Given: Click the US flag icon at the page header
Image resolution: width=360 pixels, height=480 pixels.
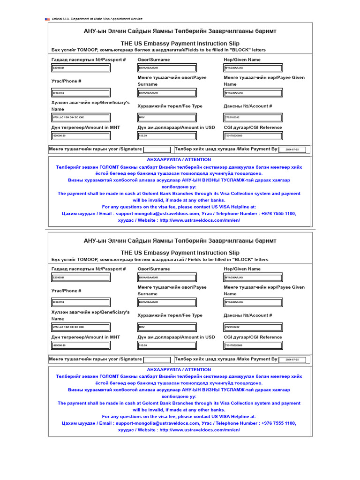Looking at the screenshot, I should click(x=47, y=19).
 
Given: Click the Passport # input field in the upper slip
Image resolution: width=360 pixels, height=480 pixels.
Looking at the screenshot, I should click(x=81, y=68).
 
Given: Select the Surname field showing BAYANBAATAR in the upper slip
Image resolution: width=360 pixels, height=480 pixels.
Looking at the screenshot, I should click(x=167, y=68).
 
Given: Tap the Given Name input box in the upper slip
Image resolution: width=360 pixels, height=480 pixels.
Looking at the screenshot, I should click(x=253, y=68).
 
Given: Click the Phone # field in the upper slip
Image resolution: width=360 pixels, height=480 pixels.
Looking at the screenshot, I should click(x=81, y=93).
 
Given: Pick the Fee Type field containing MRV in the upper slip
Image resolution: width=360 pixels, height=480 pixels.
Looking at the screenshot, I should click(x=167, y=118).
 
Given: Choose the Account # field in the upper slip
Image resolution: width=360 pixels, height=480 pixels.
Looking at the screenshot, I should click(x=253, y=118).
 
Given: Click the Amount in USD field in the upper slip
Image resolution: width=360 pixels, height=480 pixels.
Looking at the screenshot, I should click(x=167, y=136).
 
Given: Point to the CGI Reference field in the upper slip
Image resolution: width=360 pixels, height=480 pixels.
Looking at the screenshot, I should click(x=253, y=136).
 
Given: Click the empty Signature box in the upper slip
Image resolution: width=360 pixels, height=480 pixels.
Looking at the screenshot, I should click(x=157, y=150).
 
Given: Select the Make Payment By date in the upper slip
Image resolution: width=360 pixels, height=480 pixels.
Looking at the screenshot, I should click(x=292, y=150).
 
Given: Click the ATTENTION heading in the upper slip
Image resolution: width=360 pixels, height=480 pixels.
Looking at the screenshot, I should click(x=179, y=160).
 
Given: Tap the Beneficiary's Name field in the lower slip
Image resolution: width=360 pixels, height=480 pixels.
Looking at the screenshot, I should click(x=81, y=327).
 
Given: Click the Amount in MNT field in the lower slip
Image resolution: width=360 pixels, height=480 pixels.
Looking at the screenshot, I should click(x=81, y=345).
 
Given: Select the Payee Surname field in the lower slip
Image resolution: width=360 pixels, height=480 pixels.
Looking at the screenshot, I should click(x=167, y=302).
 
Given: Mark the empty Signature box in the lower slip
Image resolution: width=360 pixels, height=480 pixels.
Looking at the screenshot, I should click(x=157, y=360).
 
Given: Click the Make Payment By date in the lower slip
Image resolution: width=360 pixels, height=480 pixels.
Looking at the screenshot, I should click(x=292, y=360).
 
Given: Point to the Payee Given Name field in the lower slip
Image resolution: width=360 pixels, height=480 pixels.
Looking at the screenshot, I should click(x=253, y=302).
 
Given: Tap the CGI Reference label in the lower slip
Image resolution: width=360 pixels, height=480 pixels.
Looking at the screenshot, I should click(x=253, y=337).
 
